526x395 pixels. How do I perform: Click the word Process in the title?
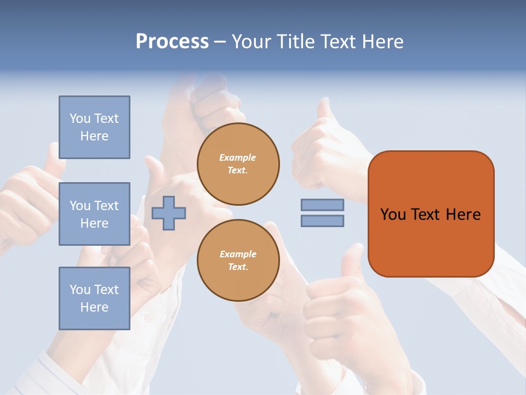click(x=172, y=42)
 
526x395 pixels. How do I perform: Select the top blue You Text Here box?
click(x=94, y=127)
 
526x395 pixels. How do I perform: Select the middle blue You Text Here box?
click(x=94, y=214)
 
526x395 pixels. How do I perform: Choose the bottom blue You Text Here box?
click(x=94, y=298)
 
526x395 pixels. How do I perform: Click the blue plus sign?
click(x=169, y=213)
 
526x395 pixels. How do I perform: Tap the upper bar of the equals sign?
click(x=322, y=205)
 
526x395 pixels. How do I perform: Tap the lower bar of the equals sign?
click(x=322, y=221)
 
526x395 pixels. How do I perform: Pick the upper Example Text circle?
click(x=238, y=164)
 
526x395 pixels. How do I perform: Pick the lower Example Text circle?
click(x=238, y=261)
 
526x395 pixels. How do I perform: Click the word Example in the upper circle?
click(x=238, y=157)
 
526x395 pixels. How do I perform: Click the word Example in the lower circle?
click(x=238, y=254)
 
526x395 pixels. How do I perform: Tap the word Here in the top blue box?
click(x=94, y=136)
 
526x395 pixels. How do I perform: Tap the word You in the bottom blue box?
click(x=80, y=290)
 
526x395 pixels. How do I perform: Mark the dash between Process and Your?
click(x=220, y=42)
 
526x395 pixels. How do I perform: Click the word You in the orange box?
click(x=393, y=215)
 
